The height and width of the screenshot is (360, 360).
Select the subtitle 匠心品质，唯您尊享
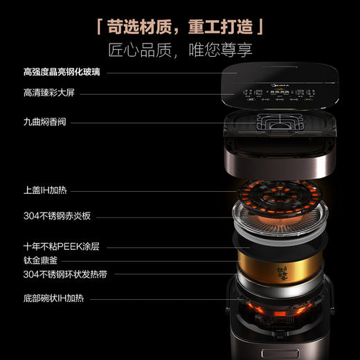point(179,50)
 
